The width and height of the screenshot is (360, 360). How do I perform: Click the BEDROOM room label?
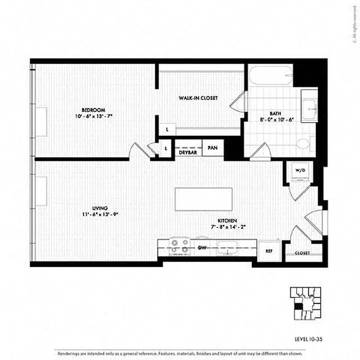(93, 110)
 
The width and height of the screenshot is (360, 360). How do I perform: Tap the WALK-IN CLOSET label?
(198, 98)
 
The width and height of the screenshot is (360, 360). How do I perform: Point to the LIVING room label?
(99, 208)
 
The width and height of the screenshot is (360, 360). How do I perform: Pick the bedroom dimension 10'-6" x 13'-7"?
(94, 116)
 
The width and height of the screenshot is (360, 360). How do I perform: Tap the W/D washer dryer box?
(300, 171)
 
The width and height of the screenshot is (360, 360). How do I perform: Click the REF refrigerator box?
(269, 251)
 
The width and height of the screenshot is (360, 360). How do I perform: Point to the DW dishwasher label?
(202, 248)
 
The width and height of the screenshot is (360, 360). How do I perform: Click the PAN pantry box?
(212, 148)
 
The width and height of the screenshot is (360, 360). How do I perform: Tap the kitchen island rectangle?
(204, 199)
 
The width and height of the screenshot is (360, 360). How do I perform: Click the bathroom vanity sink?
(309, 108)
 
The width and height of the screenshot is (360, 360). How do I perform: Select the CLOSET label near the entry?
(302, 253)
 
